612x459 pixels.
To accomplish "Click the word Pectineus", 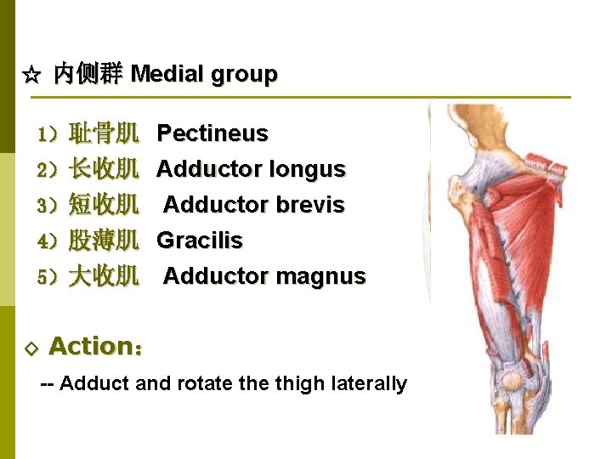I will (212, 133).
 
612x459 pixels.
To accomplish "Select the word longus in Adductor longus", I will (307, 170).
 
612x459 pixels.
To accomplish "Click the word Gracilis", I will (200, 241).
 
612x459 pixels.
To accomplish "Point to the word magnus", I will (326, 277).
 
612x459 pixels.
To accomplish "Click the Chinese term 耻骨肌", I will (104, 133).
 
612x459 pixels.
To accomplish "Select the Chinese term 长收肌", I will (104, 170).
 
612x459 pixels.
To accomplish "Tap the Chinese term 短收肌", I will (104, 206).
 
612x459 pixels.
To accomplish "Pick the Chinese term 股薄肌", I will (104, 241).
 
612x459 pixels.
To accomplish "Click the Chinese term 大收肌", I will (104, 277).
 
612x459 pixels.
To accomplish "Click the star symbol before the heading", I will (31, 76).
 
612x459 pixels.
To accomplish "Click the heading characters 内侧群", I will (88, 75).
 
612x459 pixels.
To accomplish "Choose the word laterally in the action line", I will (373, 384).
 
